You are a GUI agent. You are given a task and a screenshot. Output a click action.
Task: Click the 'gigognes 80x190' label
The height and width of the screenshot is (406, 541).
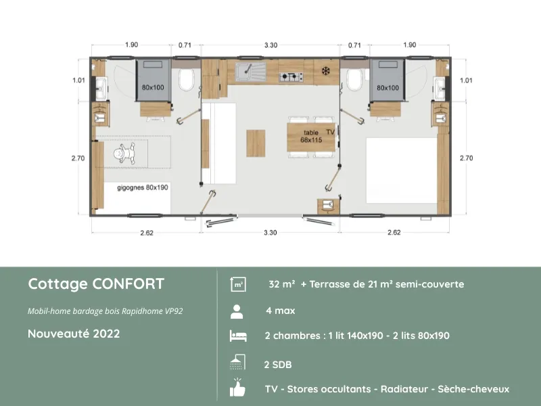click(142, 187)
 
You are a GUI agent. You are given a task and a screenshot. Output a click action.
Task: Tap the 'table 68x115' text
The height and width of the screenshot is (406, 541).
click(310, 136)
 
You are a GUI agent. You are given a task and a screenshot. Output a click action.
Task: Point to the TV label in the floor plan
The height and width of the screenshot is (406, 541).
click(330, 131)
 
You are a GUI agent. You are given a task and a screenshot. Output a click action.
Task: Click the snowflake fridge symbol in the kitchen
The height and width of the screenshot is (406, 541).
click(325, 70)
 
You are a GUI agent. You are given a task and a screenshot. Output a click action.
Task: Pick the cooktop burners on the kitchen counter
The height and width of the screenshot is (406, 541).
click(291, 75)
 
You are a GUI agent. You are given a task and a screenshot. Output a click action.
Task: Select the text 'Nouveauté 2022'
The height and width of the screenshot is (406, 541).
click(74, 334)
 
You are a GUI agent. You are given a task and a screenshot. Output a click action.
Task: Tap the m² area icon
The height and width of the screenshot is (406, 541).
click(237, 285)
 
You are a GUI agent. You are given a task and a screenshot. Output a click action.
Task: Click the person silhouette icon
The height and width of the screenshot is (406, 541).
click(237, 311)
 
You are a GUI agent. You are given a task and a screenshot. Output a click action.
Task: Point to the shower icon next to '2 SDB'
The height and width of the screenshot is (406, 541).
click(237, 363)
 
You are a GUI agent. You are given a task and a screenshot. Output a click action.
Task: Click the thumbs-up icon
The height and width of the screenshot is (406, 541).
click(237, 388)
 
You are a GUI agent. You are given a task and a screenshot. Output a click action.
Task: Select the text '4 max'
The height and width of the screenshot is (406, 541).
click(281, 311)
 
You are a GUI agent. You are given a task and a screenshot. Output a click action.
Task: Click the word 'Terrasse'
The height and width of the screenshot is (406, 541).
click(332, 284)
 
